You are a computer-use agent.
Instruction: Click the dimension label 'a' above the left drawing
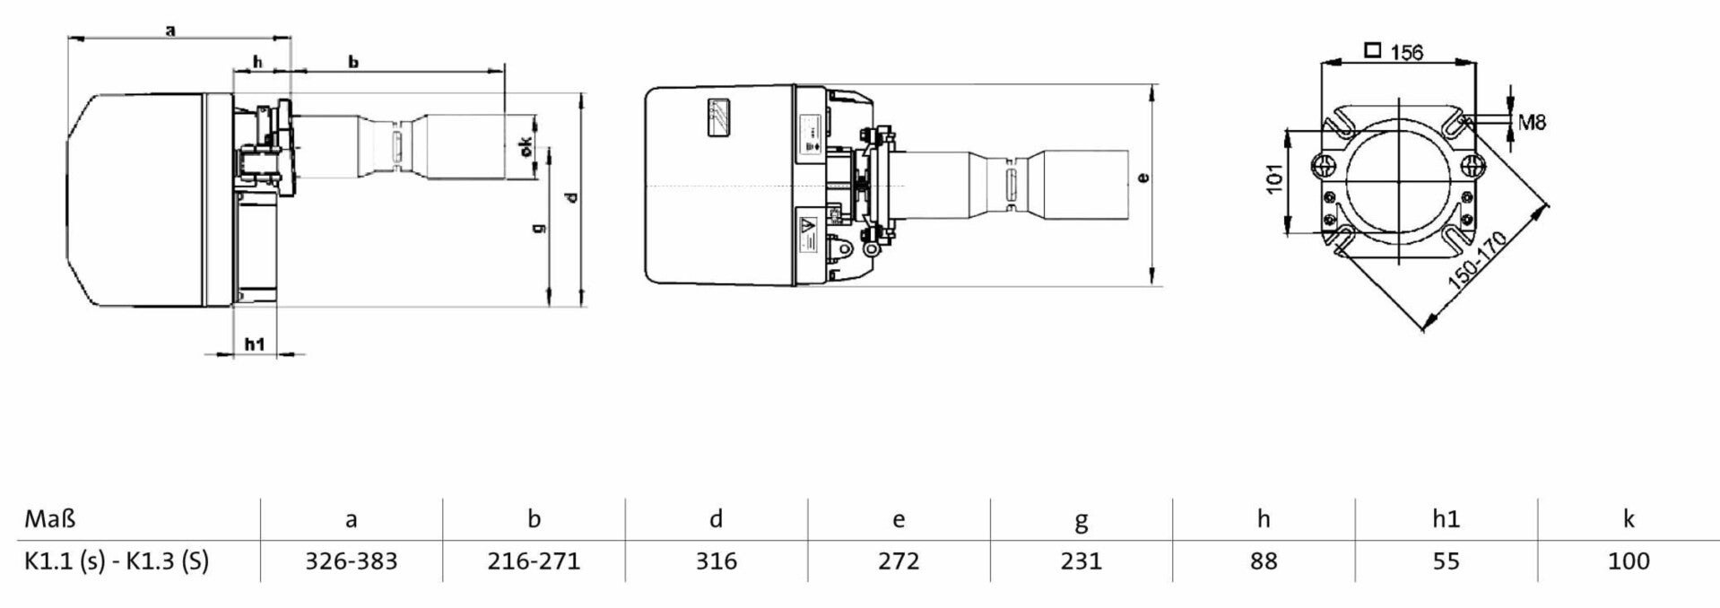(170, 30)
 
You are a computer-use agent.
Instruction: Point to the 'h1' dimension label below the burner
(255, 344)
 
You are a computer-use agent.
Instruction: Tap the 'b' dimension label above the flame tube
(353, 62)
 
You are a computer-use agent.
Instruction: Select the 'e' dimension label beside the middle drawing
(1142, 178)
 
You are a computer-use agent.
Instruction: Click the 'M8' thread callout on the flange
(1533, 121)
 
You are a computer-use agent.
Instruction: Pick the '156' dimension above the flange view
(1406, 52)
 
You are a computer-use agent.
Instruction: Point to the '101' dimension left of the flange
(1274, 176)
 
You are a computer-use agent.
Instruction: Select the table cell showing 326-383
(352, 561)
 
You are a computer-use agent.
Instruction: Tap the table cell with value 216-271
(534, 561)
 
